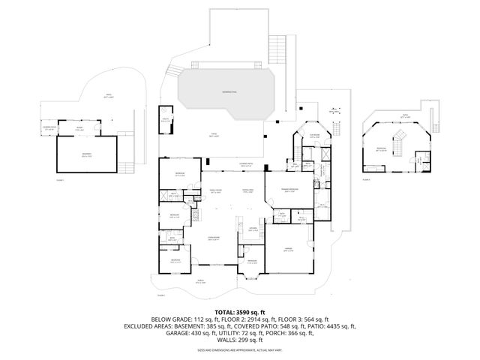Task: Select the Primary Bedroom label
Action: pyautogui.click(x=288, y=191)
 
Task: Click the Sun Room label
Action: pyautogui.click(x=316, y=136)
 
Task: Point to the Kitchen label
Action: pyautogui.click(x=253, y=227)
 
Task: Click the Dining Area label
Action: pyautogui.click(x=248, y=191)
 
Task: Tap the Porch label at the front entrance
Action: pyautogui.click(x=201, y=283)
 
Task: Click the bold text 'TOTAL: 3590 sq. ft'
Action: pyautogui.click(x=239, y=311)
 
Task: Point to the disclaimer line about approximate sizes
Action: pyautogui.click(x=239, y=349)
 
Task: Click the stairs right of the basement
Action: pyautogui.click(x=128, y=166)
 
